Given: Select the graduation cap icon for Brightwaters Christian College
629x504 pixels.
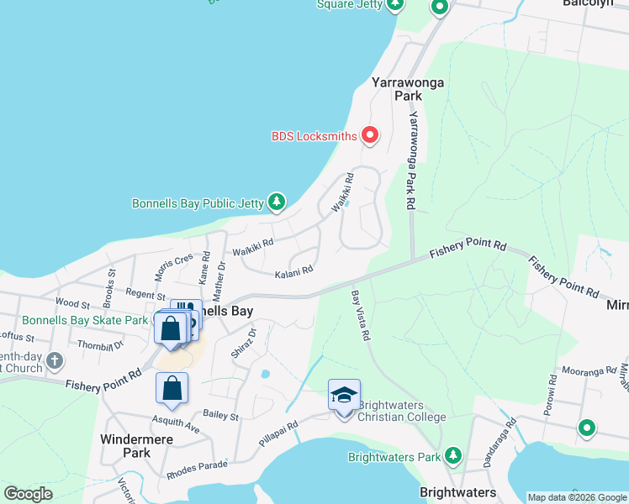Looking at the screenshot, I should pos(344,395).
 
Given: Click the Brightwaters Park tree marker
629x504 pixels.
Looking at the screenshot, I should pos(453,456).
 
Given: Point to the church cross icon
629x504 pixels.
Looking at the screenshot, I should pos(55,361).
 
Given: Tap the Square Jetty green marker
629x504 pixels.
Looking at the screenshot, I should pos(394,4).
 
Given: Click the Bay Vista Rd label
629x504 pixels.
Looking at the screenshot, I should pos(362,315).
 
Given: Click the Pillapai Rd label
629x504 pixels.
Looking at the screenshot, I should pos(279,434).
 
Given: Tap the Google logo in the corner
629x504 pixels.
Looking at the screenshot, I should pos(28,494).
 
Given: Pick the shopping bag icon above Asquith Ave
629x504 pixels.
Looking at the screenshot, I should pos(172,389).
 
